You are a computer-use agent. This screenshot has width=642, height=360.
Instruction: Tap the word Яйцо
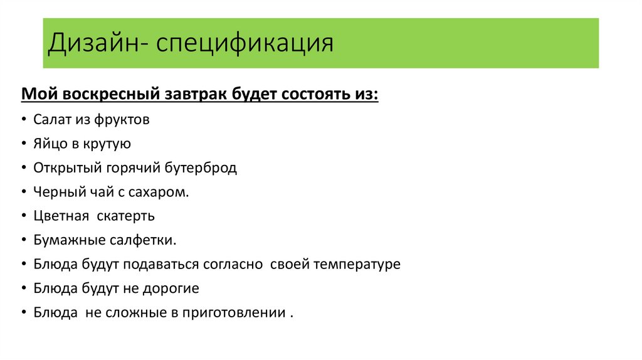point(50,144)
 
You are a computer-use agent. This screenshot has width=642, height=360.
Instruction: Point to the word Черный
point(55,193)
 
